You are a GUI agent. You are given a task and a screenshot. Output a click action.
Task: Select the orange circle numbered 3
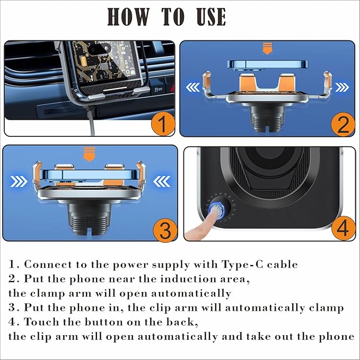[x=165, y=230]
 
